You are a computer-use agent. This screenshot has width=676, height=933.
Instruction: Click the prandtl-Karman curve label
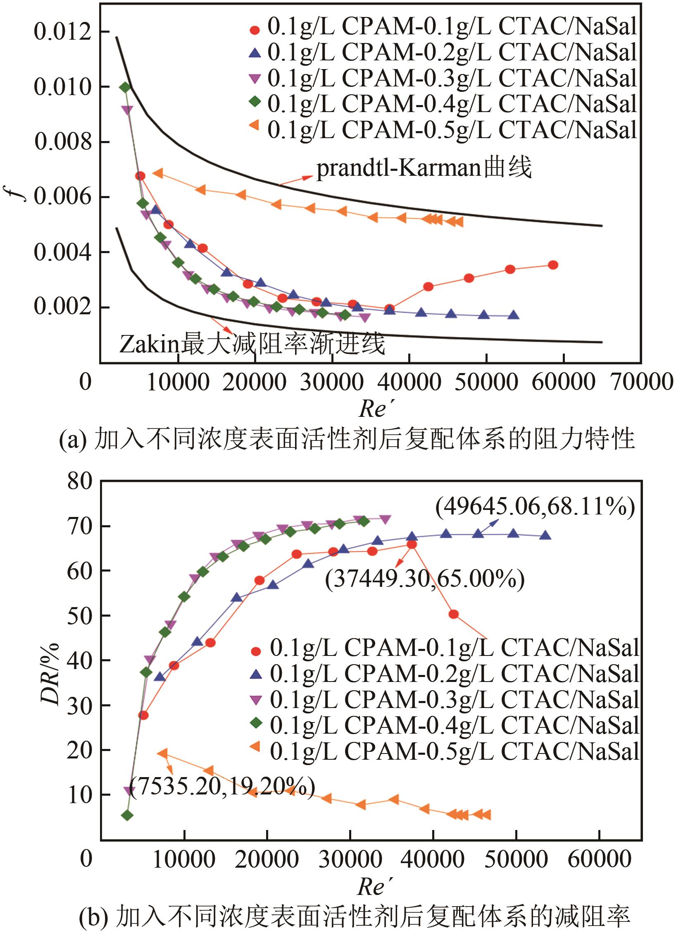(x=424, y=169)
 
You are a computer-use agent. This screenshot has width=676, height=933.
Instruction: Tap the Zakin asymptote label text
(x=252, y=344)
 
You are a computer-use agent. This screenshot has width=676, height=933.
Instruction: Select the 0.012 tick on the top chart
(x=62, y=32)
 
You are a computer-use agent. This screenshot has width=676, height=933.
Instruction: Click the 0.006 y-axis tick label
(x=62, y=197)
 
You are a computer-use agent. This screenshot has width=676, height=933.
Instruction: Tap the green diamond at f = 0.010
(x=125, y=87)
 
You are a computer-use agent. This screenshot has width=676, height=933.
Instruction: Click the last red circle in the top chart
(x=553, y=265)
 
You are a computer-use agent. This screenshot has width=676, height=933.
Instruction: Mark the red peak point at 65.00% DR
(x=412, y=545)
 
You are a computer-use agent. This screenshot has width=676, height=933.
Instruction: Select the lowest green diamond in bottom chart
(x=127, y=816)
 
